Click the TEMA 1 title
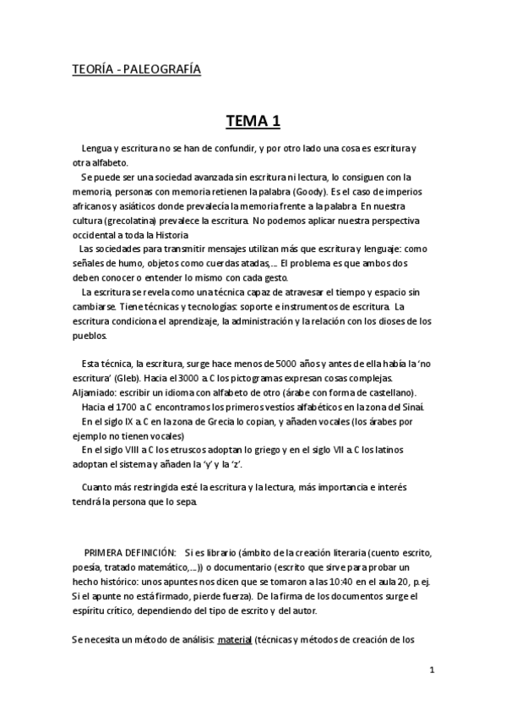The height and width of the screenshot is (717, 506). (253, 122)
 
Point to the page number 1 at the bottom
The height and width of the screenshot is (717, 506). (431, 670)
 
